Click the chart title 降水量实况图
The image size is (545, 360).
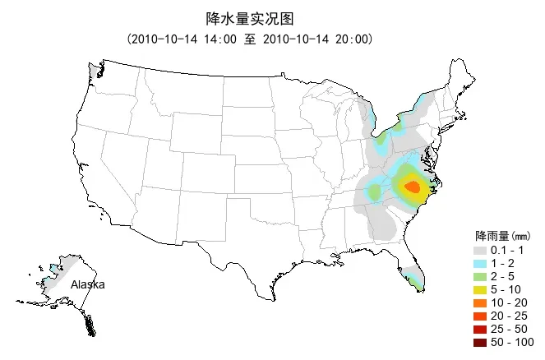249,18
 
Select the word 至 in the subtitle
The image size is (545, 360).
250,39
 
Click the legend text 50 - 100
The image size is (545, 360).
511,342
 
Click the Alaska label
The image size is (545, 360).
87,284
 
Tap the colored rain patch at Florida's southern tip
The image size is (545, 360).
418,285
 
